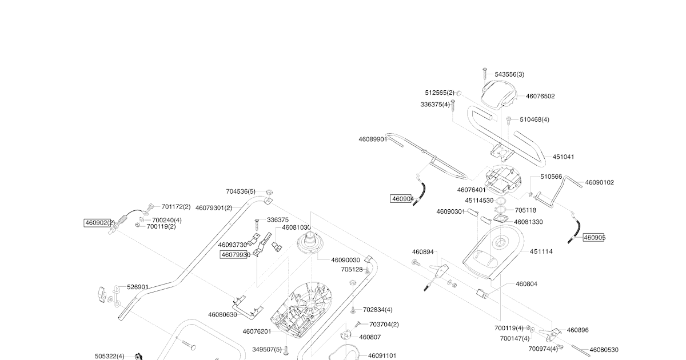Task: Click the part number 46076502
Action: click(x=540, y=97)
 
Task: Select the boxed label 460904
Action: click(x=402, y=199)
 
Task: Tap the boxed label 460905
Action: click(x=594, y=237)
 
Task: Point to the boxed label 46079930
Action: click(x=236, y=255)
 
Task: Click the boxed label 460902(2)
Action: click(x=99, y=223)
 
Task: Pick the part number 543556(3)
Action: click(x=509, y=74)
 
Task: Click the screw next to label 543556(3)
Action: click(x=484, y=73)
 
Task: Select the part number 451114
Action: click(x=541, y=251)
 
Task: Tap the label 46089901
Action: click(x=373, y=139)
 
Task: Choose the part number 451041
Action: click(x=563, y=157)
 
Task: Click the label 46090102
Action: click(x=599, y=183)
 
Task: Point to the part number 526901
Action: click(x=138, y=287)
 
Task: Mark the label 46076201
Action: click(x=257, y=331)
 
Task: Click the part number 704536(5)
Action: click(x=241, y=192)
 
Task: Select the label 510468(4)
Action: click(x=535, y=119)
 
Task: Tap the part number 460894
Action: click(x=423, y=251)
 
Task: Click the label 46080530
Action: click(x=604, y=350)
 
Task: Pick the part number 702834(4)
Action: click(x=377, y=310)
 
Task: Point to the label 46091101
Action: click(x=382, y=355)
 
